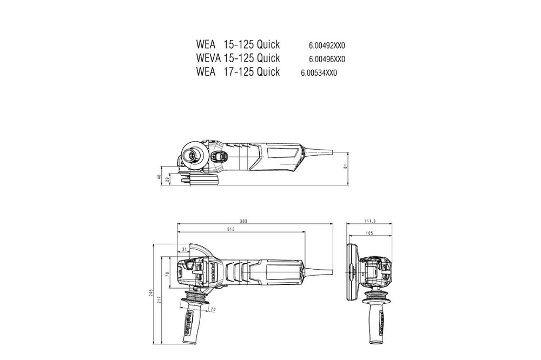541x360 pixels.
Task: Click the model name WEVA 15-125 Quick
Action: point(238,58)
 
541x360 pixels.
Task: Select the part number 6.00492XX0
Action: point(327,45)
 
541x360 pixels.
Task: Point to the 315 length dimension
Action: point(239,230)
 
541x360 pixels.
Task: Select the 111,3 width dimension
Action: point(370,222)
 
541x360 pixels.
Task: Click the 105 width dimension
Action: point(370,234)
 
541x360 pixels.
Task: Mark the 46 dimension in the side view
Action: point(159,177)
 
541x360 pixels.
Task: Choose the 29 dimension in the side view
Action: point(167,179)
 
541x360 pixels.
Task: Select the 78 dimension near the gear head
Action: point(167,275)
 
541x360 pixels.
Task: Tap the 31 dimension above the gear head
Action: point(184,249)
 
